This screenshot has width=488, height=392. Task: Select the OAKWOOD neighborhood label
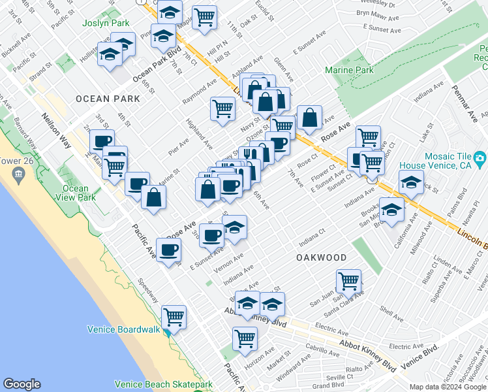(321, 257)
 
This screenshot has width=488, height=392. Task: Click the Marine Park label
(350, 70)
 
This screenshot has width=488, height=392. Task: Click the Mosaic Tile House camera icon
(480, 157)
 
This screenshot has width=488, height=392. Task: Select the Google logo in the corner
(22, 384)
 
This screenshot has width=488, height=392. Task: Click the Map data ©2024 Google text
(447, 387)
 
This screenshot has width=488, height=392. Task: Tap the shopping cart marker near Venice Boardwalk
(174, 318)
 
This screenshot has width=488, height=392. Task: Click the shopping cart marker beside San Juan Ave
(349, 282)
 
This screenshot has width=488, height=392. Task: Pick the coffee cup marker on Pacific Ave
(168, 250)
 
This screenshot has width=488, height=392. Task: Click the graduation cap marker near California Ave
(391, 210)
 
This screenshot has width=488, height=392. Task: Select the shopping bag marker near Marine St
(153, 198)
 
